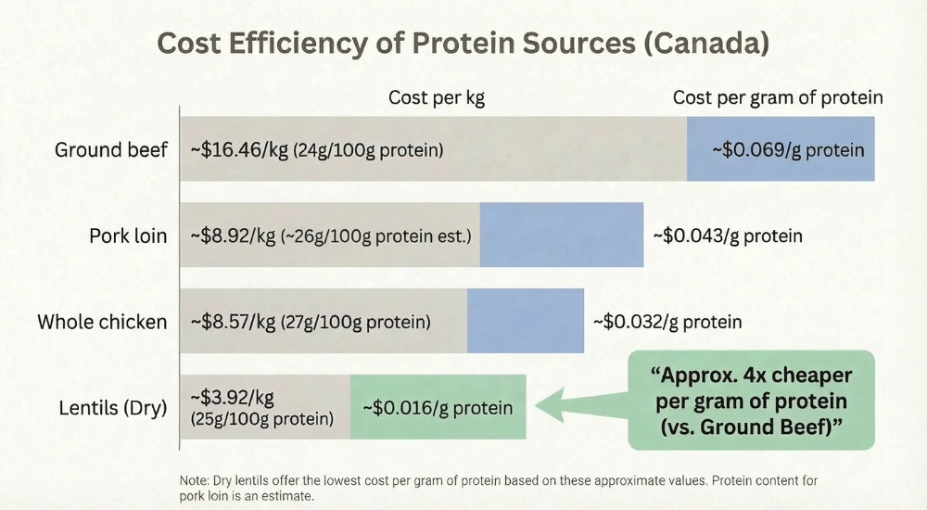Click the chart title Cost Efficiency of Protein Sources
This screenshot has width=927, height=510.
(x=463, y=44)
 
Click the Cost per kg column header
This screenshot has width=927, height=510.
(x=436, y=97)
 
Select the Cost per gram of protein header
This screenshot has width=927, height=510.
(x=777, y=97)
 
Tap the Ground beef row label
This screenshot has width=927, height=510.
(x=111, y=149)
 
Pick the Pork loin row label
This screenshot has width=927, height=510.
(x=128, y=236)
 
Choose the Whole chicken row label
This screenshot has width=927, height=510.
(x=102, y=322)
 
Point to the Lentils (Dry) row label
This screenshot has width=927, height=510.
(x=112, y=408)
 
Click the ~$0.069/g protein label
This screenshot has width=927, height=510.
(x=787, y=149)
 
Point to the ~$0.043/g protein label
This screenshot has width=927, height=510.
(x=727, y=236)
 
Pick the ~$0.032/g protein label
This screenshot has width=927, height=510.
(x=667, y=322)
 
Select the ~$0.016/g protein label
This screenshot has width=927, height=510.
(x=437, y=408)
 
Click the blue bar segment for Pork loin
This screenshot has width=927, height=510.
(x=561, y=236)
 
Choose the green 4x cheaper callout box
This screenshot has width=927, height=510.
(x=751, y=400)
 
